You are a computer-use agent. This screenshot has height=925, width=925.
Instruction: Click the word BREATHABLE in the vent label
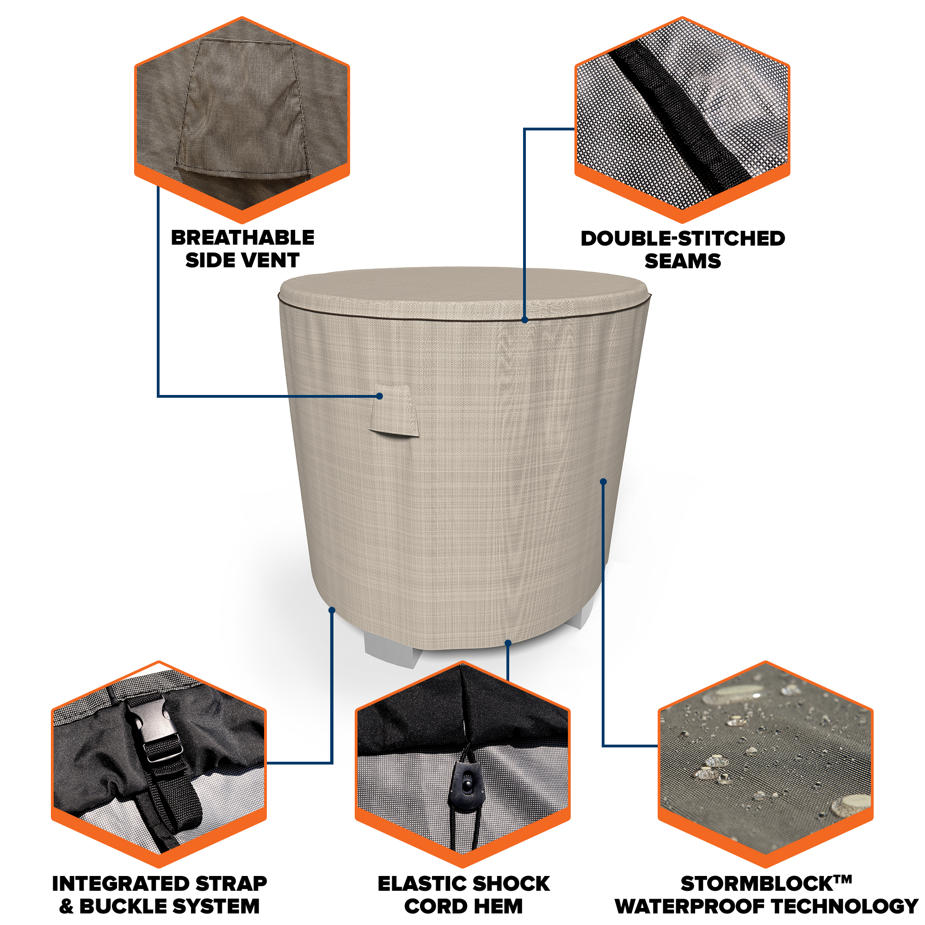pos(242,238)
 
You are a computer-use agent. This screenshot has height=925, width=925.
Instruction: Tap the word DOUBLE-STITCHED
pos(683,239)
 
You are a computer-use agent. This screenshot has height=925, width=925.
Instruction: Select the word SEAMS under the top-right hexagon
pos(683,261)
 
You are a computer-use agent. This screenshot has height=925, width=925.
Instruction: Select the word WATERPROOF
pos(691,906)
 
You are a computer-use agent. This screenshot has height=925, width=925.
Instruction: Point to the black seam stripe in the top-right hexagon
pos(680,115)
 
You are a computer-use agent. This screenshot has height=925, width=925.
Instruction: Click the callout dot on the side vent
pos(379,396)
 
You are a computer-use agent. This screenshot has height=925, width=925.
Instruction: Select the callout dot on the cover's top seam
pos(525,320)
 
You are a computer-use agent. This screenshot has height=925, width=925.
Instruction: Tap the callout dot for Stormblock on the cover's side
pos(603,481)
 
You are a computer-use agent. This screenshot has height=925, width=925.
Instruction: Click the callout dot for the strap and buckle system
pos(332,610)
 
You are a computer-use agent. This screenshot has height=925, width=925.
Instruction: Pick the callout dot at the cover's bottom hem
pos(508,643)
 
